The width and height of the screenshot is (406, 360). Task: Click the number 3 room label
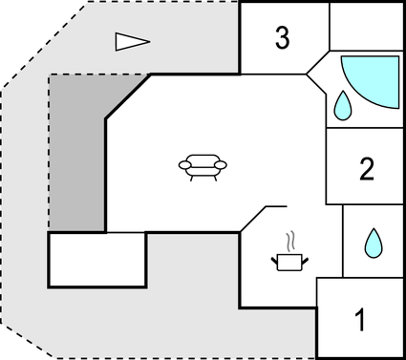click(281, 38)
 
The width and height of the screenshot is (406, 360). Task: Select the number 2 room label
click(366, 169)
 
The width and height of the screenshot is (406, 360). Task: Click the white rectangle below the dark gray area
click(96, 260)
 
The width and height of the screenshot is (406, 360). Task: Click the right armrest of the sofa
click(222, 165)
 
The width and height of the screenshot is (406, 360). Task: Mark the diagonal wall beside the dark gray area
click(127, 96)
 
